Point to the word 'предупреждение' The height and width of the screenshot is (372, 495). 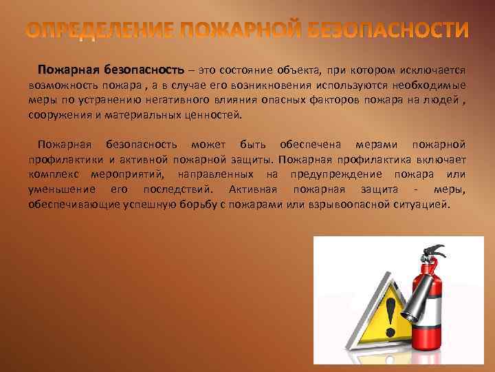click(x=332, y=174)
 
